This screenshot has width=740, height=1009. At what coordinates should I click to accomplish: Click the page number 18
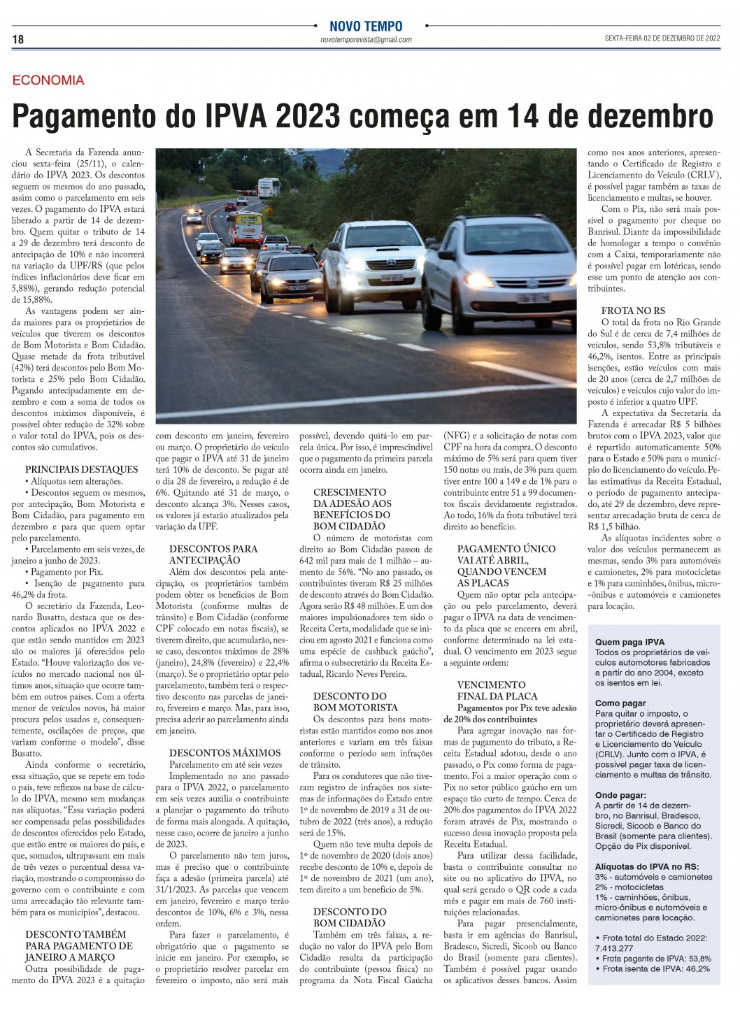pos(17,40)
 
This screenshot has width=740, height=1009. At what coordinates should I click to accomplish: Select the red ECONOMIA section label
pos(48,80)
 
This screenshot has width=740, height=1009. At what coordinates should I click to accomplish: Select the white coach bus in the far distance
pos(269,187)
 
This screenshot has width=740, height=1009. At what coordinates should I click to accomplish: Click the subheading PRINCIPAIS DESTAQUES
pos(82,469)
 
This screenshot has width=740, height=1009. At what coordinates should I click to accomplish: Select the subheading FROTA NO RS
pos(633,310)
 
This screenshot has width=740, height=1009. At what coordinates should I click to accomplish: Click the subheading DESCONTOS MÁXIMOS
pos(225,753)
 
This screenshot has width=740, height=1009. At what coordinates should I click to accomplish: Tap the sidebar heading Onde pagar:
pos(620,795)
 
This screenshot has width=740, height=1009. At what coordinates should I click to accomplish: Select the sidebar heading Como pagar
pos(620,703)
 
